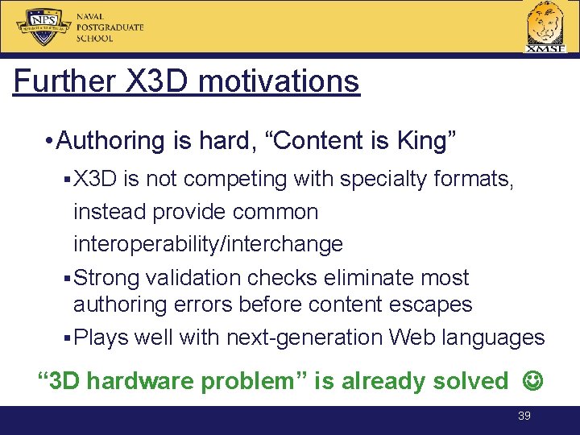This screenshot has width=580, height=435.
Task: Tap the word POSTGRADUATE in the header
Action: (x=110, y=27)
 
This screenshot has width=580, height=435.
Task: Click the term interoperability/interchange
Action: (x=208, y=243)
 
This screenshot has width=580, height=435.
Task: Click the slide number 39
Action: (x=524, y=416)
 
